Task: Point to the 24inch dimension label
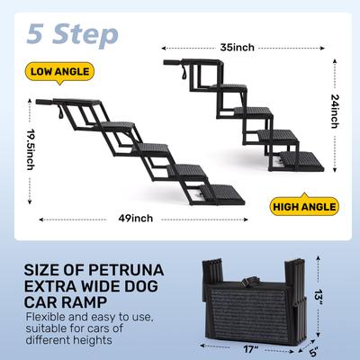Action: pyautogui.click(x=334, y=115)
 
